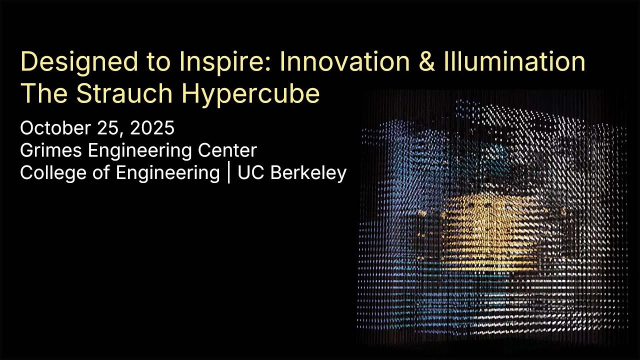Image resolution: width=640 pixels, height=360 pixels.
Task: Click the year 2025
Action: (x=152, y=128)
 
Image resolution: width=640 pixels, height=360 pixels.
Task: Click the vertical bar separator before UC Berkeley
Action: (x=229, y=173)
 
